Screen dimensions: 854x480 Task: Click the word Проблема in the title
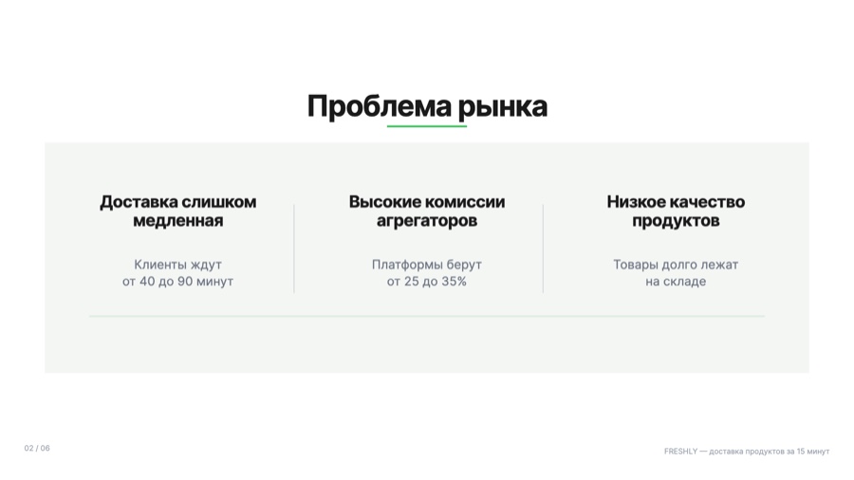point(379,106)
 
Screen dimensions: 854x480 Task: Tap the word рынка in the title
point(502,107)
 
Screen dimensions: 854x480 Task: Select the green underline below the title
point(427,126)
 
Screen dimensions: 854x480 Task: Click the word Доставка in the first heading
point(139,202)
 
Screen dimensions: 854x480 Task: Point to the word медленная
point(178,220)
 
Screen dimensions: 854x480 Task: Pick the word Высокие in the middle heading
point(381,202)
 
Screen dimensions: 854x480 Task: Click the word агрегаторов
point(427,221)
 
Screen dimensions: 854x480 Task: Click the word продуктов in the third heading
point(676,221)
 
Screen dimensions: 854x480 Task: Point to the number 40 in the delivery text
point(147,282)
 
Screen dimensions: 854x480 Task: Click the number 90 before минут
point(185,282)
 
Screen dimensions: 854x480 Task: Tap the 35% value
point(454,282)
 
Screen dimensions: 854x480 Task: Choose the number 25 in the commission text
point(411,282)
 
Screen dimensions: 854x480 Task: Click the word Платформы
point(407,265)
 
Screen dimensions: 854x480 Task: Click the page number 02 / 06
point(37,449)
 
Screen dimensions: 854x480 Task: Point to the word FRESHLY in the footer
point(680,452)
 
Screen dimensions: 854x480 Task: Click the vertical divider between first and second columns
point(294,249)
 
